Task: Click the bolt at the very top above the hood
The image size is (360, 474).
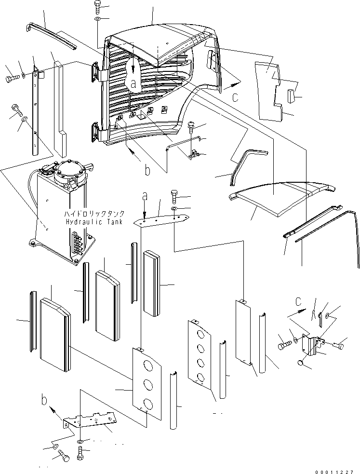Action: pyautogui.click(x=96, y=6)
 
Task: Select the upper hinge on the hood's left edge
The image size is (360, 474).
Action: pyautogui.click(x=98, y=71)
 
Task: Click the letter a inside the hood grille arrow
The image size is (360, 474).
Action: pyautogui.click(x=133, y=83)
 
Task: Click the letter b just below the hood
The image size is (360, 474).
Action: pyautogui.click(x=147, y=170)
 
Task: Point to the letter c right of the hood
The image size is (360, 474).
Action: pyautogui.click(x=235, y=97)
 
